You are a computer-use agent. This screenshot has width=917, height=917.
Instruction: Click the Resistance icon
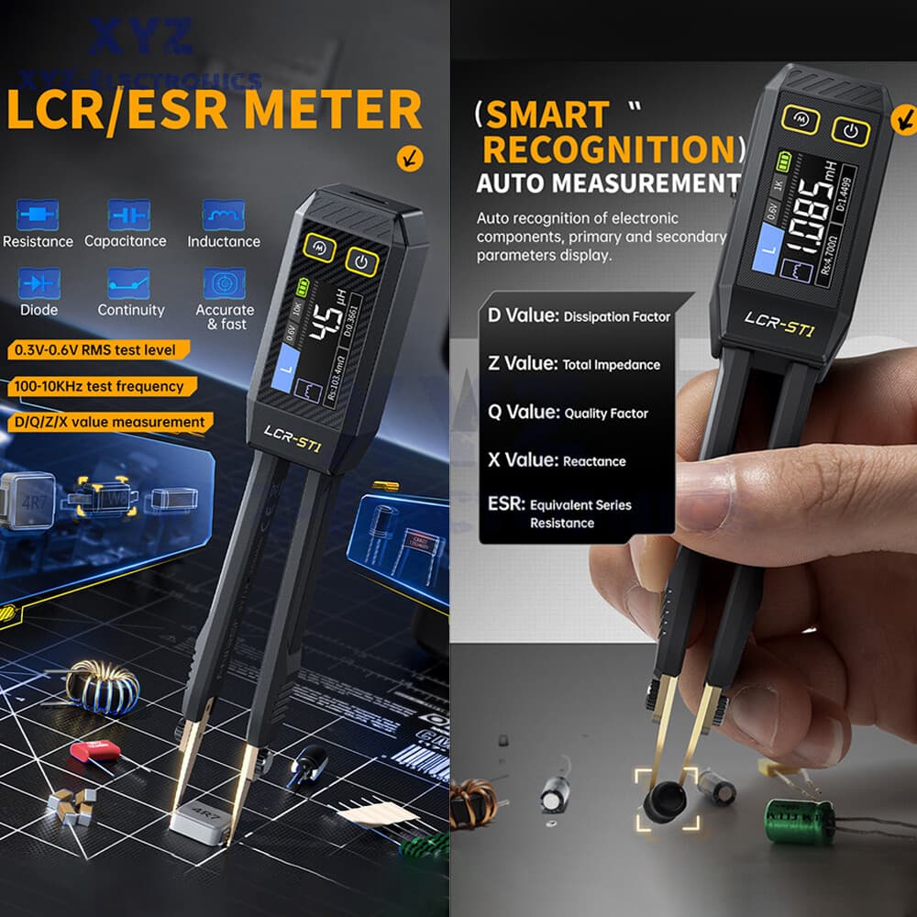38,215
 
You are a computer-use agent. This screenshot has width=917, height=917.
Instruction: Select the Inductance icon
223,215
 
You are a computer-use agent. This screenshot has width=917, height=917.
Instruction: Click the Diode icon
38,282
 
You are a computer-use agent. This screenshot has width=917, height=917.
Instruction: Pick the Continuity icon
128,282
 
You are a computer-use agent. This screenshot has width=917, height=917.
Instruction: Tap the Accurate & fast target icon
224,282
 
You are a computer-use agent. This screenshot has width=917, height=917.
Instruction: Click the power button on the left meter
362,262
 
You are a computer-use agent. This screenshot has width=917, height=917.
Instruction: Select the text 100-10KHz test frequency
98,386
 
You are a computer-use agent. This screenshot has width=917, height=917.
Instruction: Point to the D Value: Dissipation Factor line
579,316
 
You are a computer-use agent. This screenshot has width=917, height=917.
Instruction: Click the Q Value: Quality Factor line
568,413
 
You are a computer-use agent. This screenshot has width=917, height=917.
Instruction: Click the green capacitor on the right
800,820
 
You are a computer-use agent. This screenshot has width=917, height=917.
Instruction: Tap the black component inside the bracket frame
667,801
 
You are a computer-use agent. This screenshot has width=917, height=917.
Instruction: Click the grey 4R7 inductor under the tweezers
198,825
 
